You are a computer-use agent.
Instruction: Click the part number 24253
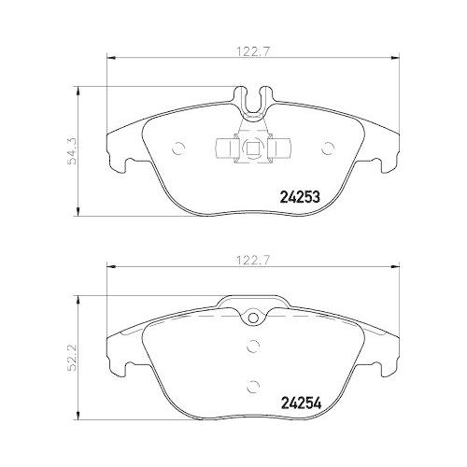click(301, 197)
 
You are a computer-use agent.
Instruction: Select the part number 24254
click(301, 404)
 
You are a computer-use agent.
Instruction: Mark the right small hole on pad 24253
click(326, 147)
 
